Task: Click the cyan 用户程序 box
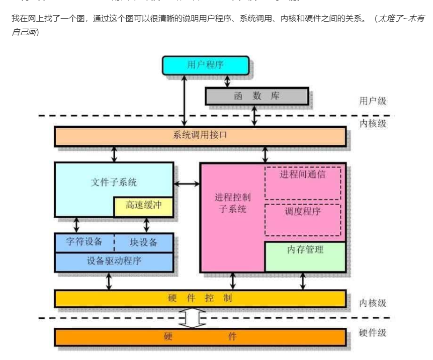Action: pos(205,65)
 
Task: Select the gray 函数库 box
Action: pos(257,96)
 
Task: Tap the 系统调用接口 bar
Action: pos(200,136)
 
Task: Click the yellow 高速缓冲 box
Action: pos(143,206)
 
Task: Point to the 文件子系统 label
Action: pos(114,182)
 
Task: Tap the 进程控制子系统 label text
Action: pos(232,203)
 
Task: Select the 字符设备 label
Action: pos(84,242)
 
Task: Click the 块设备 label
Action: pos(143,242)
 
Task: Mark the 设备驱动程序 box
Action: pos(114,261)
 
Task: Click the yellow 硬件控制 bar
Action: pos(200,298)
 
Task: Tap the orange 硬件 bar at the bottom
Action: pos(200,336)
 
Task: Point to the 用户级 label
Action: pos(373,101)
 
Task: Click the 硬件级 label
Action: pos(373,332)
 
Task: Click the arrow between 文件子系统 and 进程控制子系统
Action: pos(187,184)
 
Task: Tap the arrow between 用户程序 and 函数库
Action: pos(227,80)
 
